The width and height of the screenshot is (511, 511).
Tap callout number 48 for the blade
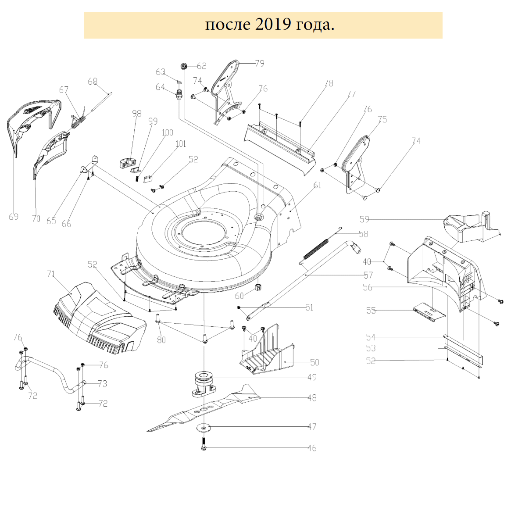[312, 398]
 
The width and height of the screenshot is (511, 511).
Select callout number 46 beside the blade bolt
[312, 448]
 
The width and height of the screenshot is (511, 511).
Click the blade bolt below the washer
[204, 443]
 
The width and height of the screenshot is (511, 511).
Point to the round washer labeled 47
[204, 426]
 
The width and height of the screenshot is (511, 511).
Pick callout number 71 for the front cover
[51, 274]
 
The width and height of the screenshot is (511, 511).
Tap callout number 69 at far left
[14, 217]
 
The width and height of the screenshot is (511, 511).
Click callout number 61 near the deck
[317, 186]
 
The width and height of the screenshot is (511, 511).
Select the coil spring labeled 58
[317, 250]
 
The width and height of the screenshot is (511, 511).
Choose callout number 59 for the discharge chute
[364, 219]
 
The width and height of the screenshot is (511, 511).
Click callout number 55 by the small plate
[371, 311]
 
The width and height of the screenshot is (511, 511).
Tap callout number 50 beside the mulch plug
[314, 362]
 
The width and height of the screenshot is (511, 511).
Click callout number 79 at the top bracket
[260, 64]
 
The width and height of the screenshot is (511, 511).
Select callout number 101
[181, 144]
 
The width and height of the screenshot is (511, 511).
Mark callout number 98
[137, 114]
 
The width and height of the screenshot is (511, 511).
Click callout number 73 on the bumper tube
[102, 384]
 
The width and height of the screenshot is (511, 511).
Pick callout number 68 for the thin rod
[93, 82]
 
